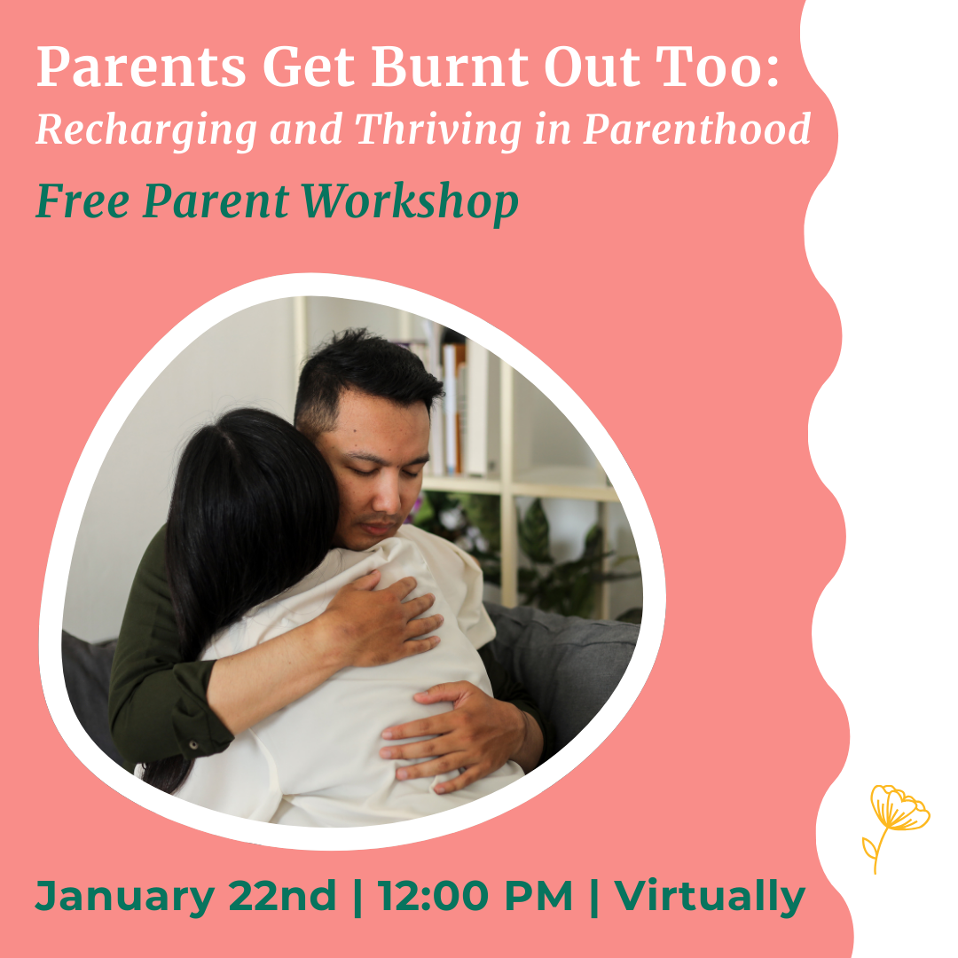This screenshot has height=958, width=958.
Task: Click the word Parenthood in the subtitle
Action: point(696,130)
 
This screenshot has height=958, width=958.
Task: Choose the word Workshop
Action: point(410,201)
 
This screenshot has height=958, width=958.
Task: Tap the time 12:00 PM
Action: point(475,896)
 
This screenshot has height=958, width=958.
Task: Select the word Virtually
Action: point(710,896)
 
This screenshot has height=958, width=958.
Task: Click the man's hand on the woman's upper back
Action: point(381,616)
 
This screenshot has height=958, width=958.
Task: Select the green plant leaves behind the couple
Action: point(550,550)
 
